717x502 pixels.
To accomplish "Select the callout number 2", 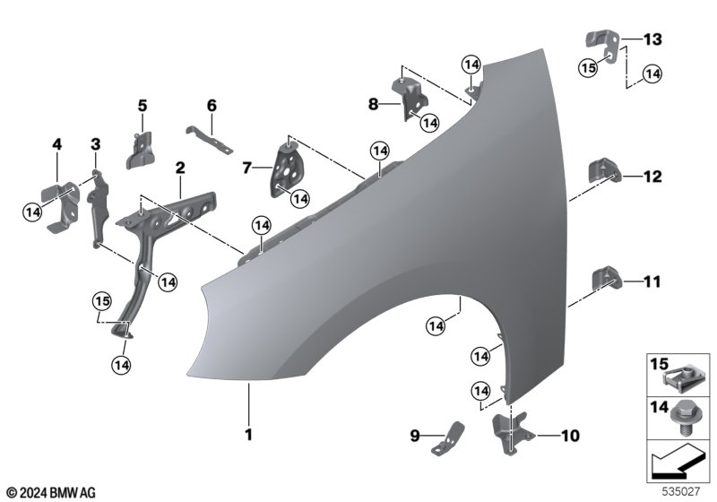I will click(x=180, y=168).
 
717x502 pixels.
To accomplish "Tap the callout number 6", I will click(x=212, y=106).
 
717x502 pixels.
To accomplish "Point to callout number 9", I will click(x=415, y=437).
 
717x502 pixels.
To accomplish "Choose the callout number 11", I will click(x=652, y=281).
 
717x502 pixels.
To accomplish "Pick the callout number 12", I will click(x=652, y=177).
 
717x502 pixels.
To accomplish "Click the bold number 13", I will click(x=652, y=39).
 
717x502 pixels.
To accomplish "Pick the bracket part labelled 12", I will click(x=603, y=172).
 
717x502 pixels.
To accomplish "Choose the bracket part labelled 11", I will click(x=605, y=278).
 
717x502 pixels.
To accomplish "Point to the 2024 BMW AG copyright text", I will click(x=50, y=492).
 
